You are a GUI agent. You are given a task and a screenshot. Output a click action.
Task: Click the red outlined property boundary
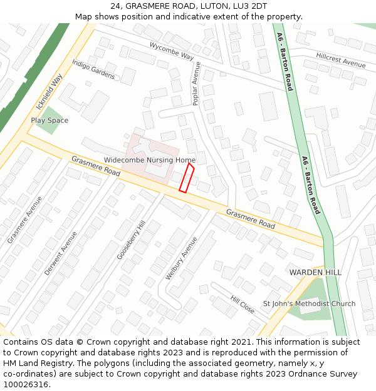point(187,178)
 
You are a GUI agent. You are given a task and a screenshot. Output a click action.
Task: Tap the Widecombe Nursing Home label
point(150,160)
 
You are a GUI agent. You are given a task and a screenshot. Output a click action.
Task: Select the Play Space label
point(50,120)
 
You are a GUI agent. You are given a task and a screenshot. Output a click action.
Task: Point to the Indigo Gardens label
point(93,69)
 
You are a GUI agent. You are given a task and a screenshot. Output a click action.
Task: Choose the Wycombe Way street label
point(172,51)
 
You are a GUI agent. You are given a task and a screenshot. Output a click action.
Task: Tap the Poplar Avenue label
point(196,83)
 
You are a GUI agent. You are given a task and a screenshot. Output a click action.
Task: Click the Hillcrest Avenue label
point(340,60)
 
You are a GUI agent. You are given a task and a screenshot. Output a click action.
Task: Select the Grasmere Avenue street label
point(25,220)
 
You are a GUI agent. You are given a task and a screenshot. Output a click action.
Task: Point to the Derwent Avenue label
point(61,253)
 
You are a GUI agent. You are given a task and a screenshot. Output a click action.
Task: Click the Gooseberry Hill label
point(131,240)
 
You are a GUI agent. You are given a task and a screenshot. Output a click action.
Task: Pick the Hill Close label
point(243,305)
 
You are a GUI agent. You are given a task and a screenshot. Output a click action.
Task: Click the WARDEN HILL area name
point(315,273)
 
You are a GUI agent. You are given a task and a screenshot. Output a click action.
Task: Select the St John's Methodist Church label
point(309,304)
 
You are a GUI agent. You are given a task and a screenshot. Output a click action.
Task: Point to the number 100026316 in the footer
point(26,385)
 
